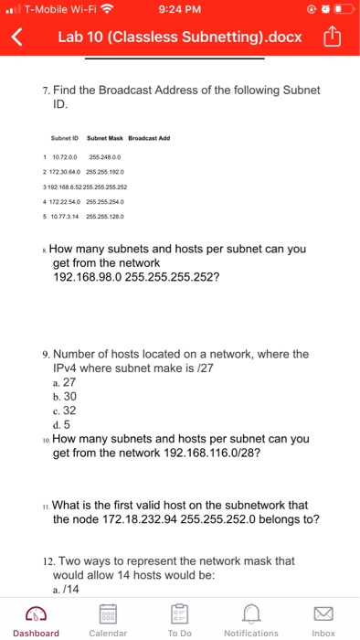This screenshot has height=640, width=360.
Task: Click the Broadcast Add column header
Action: [x=151, y=139]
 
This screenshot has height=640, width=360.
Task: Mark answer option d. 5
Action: [x=64, y=424]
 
